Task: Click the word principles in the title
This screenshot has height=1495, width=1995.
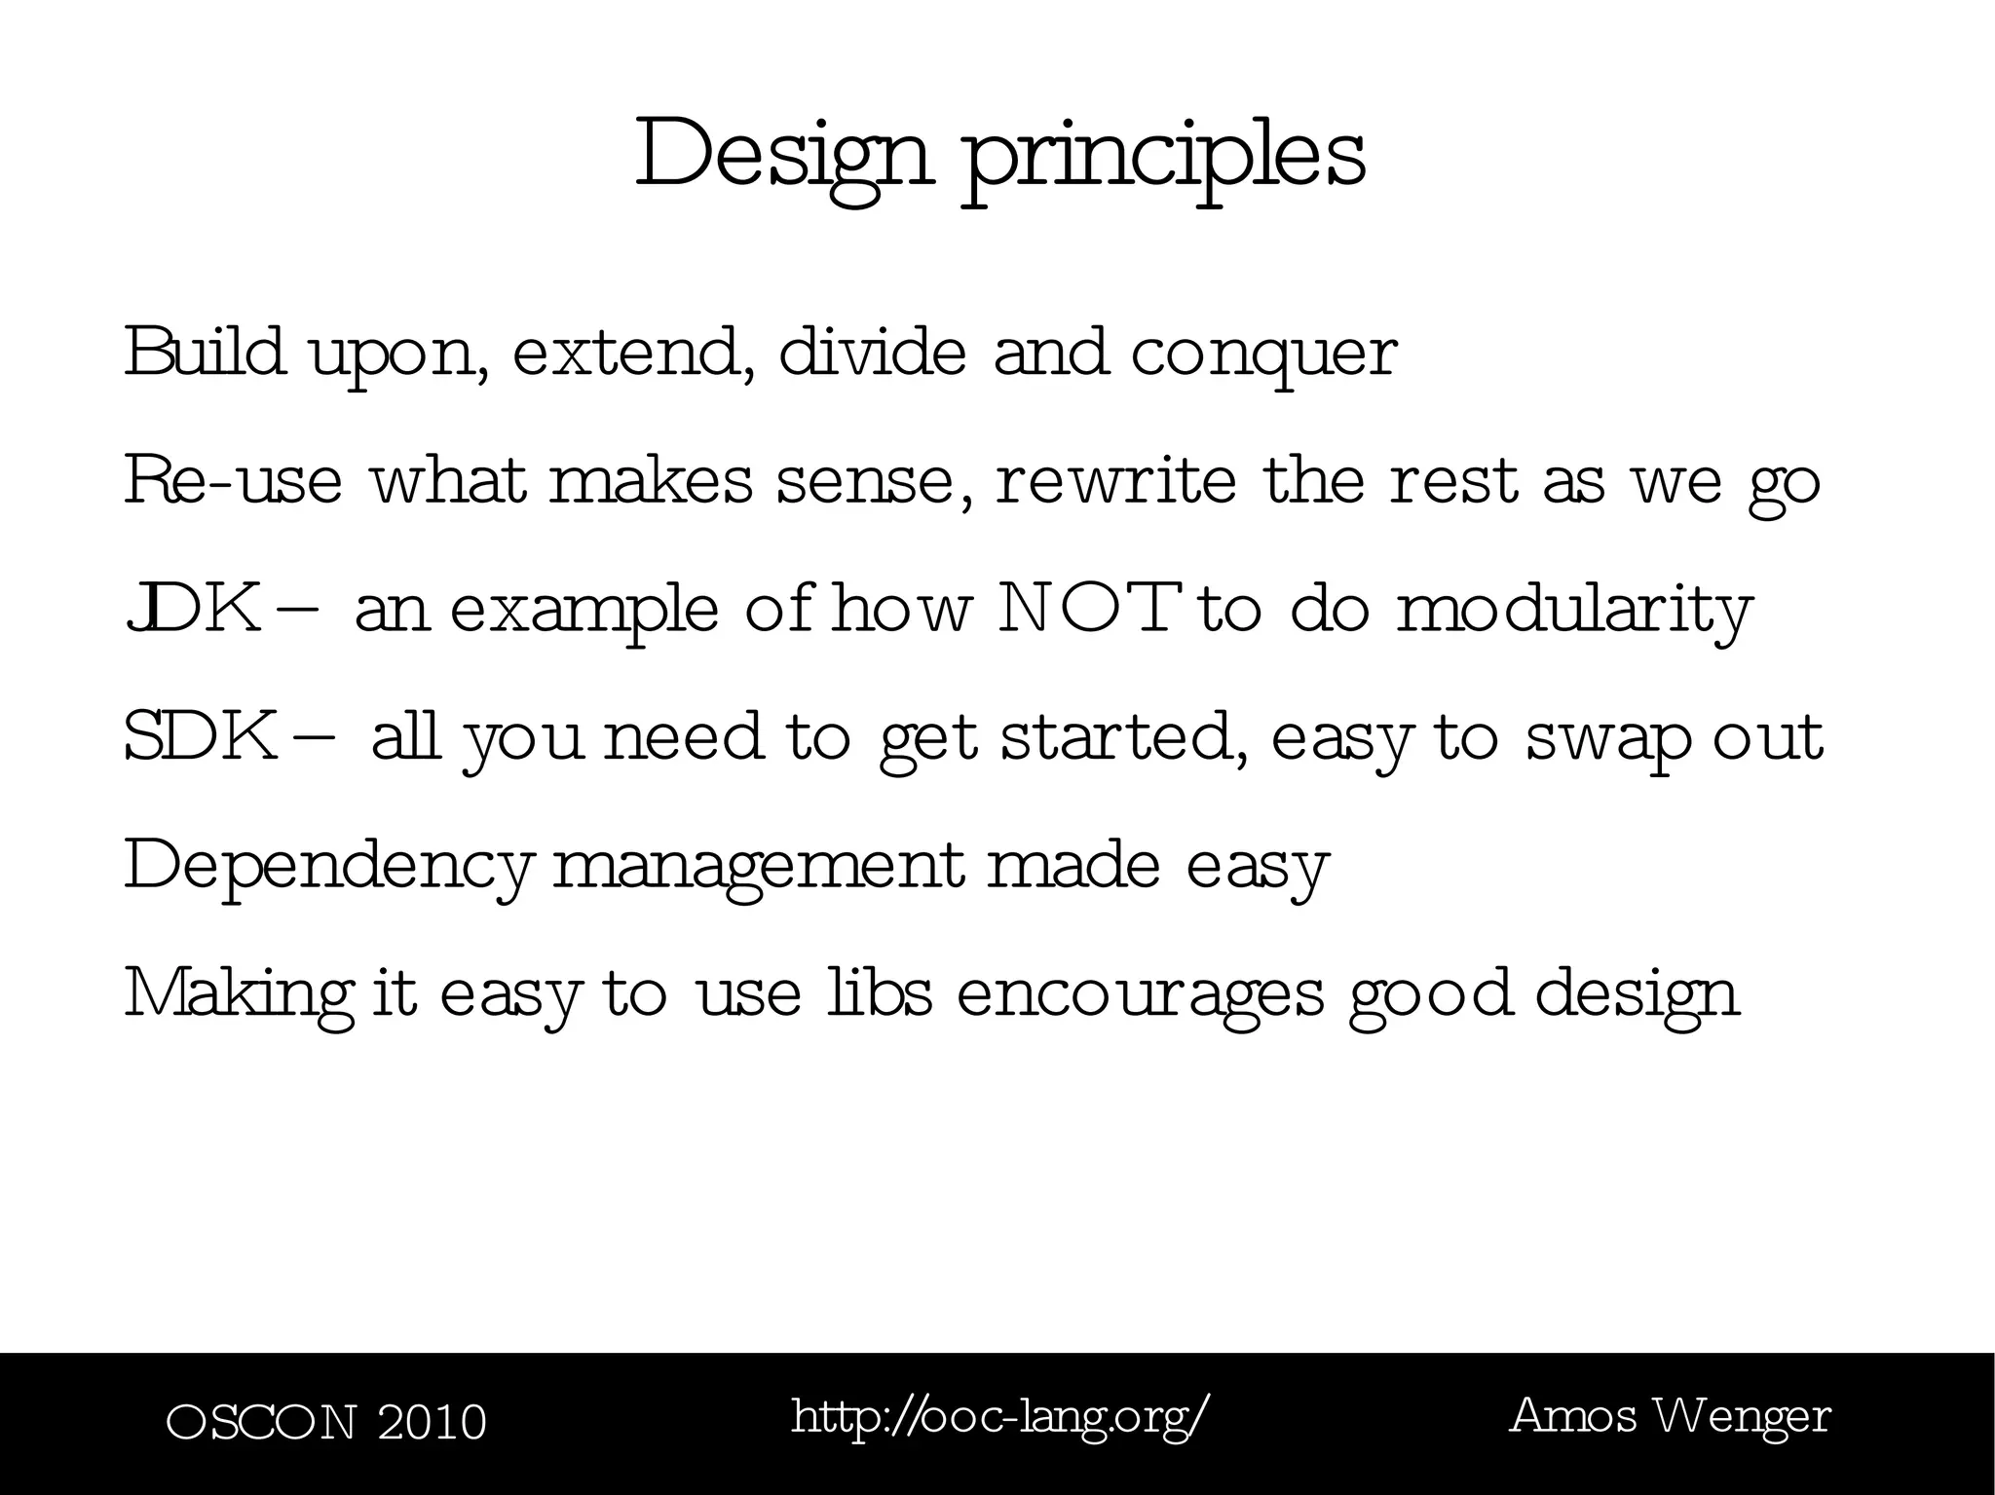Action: pyautogui.click(x=1165, y=156)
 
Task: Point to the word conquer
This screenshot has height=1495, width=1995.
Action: pyautogui.click(x=1263, y=355)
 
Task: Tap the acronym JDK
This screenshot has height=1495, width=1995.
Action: pyautogui.click(x=193, y=609)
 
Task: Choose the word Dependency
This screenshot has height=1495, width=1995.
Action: pyautogui.click(x=329, y=867)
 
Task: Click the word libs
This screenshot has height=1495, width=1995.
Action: pyautogui.click(x=880, y=993)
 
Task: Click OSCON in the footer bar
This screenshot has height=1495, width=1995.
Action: pyautogui.click(x=261, y=1422)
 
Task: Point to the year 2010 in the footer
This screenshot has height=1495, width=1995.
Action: pyautogui.click(x=432, y=1422)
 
